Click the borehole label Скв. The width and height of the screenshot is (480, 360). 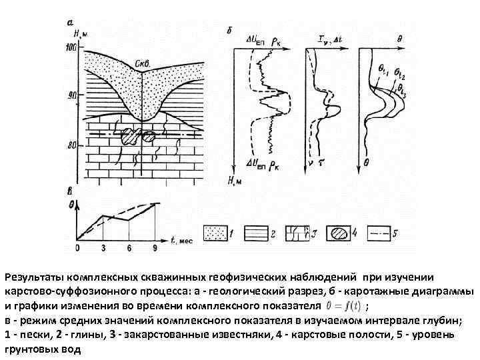[x=142, y=63]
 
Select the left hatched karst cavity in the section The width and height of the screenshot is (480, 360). [x=129, y=137]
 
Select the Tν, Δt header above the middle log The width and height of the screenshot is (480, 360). [x=326, y=39]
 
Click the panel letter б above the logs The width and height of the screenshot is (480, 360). [x=229, y=31]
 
